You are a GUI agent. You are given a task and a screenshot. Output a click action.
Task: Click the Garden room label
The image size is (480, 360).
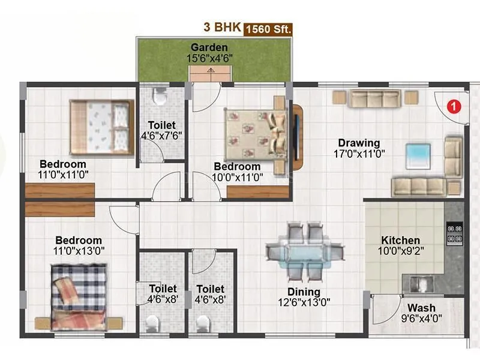click(x=209, y=47)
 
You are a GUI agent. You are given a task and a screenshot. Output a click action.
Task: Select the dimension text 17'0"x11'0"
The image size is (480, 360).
click(x=359, y=154)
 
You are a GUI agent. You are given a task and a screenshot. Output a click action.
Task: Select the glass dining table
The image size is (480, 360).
click(x=298, y=250)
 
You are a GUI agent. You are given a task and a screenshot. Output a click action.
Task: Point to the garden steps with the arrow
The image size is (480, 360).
click(x=211, y=73)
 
